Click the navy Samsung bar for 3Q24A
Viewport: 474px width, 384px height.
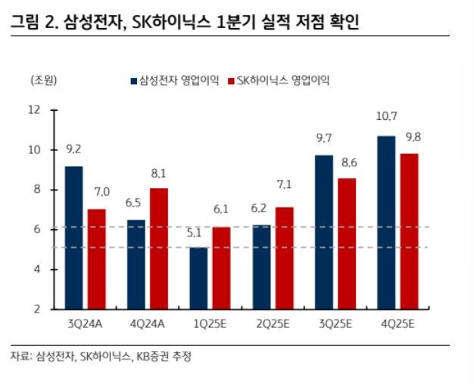click(73, 237)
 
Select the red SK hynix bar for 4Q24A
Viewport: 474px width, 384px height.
click(158, 248)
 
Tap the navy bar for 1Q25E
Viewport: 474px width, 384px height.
click(198, 278)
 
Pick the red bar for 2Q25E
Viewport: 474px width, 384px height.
click(284, 257)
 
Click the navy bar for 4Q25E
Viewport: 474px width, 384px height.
click(386, 222)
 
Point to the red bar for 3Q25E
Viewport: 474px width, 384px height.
click(347, 243)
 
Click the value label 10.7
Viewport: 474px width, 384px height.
click(386, 117)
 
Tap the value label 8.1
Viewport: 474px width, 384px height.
click(158, 173)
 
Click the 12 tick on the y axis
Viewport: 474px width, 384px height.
click(33, 110)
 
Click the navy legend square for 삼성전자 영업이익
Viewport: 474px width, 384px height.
click(134, 80)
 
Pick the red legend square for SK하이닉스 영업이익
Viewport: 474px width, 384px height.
click(232, 80)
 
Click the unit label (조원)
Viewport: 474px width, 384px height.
click(43, 80)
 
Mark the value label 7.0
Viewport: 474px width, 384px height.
click(101, 192)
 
